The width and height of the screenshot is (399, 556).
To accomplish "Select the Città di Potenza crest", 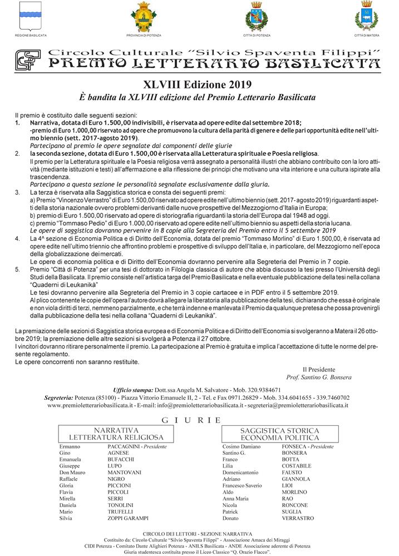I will pyautogui.click(x=257, y=17).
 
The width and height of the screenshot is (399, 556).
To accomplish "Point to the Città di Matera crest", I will pyautogui.click(x=366, y=17).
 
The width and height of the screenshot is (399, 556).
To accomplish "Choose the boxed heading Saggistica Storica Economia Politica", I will pyautogui.click(x=279, y=434).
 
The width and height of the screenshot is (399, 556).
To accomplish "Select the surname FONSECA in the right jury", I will pyautogui.click(x=295, y=446).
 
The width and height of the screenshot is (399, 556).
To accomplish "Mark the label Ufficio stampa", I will pyautogui.click(x=132, y=390).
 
